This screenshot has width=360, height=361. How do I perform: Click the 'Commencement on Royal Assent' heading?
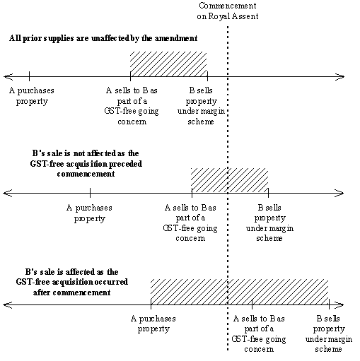click(x=228, y=11)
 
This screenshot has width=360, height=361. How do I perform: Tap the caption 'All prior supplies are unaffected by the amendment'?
click(x=103, y=38)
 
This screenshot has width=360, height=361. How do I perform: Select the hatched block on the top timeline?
click(x=168, y=64)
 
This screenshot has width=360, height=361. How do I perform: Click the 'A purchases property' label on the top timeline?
click(x=32, y=96)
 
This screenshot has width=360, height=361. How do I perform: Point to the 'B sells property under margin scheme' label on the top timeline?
click(x=201, y=106)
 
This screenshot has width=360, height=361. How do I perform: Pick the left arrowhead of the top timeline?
click(x=8, y=76)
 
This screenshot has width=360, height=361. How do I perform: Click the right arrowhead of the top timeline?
click(x=340, y=76)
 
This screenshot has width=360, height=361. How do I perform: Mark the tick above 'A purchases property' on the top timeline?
click(x=29, y=76)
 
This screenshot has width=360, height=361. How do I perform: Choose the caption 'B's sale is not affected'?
click(x=86, y=164)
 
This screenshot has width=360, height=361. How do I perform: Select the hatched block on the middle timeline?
click(x=230, y=181)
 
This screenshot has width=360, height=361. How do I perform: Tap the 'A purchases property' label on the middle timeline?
click(x=89, y=213)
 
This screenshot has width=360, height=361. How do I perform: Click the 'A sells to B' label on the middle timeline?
click(x=190, y=223)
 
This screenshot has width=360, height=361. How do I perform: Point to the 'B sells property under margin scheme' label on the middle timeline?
click(x=269, y=223)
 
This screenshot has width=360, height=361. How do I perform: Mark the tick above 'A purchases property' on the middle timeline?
click(x=90, y=193)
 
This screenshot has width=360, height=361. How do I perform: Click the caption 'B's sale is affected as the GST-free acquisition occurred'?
click(x=72, y=282)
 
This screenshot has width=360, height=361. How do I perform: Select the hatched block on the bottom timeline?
click(x=240, y=292)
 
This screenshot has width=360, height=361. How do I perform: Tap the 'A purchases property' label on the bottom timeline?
click(x=153, y=324)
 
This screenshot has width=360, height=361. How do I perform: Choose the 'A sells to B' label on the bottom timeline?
click(x=259, y=333)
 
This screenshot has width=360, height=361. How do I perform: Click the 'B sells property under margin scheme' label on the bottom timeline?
click(x=329, y=333)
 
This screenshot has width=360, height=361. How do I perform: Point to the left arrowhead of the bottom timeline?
click(x=8, y=305)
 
